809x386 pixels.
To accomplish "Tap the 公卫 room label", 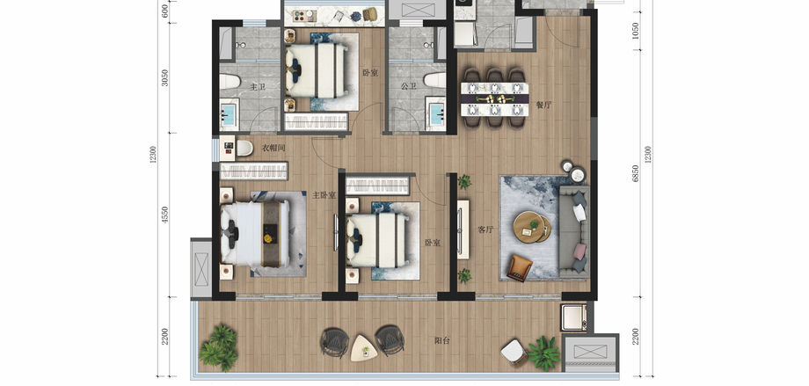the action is [409, 86].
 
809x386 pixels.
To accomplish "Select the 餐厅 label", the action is [543, 106].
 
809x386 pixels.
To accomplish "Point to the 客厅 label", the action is [485, 230].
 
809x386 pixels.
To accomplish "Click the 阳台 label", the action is [441, 340].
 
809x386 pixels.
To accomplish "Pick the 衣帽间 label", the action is [274, 148].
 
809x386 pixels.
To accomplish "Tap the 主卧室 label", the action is [324, 195].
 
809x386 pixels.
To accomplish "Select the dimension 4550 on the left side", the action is [165, 215].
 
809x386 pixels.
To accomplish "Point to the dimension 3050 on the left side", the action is [165, 77].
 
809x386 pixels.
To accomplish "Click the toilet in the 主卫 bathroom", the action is [230, 82].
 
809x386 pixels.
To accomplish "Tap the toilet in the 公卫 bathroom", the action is [435, 79].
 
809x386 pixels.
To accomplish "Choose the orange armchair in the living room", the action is [520, 268].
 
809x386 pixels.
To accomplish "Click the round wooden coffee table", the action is [532, 227].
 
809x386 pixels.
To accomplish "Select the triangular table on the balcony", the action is [362, 348].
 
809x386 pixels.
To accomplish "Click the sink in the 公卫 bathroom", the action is [437, 113].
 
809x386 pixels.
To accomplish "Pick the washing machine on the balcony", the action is [574, 317].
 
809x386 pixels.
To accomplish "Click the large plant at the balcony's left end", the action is [219, 347].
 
